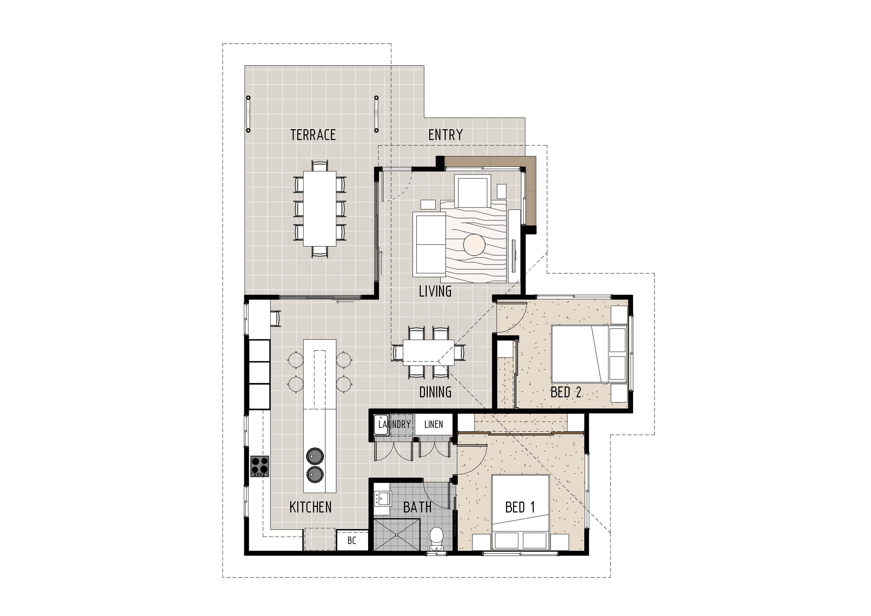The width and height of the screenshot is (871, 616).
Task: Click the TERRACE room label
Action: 313,135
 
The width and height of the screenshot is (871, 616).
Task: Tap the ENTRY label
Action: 445,135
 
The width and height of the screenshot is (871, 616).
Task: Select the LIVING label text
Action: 435,291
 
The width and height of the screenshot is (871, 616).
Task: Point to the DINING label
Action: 435,392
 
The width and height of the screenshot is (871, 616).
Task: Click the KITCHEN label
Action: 310,507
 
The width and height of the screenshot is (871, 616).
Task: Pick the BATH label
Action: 417,507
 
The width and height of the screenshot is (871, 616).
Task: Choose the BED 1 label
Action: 520,507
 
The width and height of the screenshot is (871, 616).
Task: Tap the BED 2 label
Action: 566,392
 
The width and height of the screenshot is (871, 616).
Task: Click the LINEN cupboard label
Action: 433,424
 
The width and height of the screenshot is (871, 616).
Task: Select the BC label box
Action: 352,541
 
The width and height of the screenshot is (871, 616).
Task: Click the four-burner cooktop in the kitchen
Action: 260,466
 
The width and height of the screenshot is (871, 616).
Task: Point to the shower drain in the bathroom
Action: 397,535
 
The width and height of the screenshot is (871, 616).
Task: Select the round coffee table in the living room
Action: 474,244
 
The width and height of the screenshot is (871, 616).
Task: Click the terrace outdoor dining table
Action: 319,208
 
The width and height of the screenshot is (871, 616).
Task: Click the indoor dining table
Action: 429,352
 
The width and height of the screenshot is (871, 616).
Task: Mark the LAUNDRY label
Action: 394,424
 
